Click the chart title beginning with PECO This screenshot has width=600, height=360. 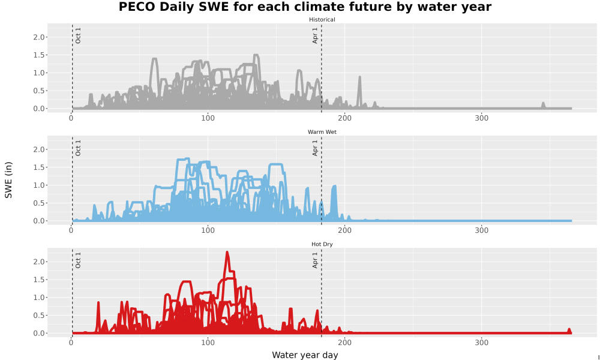coord(305,7)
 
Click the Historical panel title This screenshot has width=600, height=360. coord(322,20)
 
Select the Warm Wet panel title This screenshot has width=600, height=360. coord(322,132)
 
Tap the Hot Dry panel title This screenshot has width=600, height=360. coord(322,244)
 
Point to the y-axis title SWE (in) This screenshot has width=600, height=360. coord(8,180)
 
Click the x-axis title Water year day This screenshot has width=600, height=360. coord(305,355)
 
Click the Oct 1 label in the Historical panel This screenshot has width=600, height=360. coord(78,35)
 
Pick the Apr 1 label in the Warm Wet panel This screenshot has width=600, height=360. coord(315,148)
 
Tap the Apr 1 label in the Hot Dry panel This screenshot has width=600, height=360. coord(315,260)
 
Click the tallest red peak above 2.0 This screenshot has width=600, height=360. coord(227,253)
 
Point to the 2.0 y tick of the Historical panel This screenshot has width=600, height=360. coord(40,37)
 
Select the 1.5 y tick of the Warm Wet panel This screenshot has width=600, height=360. coord(40,167)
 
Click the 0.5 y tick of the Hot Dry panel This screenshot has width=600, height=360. coord(40,315)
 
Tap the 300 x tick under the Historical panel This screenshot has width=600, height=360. coord(481,118)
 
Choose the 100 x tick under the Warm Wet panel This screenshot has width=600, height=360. coord(208,230)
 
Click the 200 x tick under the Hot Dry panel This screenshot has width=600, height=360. coord(345,343)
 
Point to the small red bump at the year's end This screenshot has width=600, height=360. coord(569,330)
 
